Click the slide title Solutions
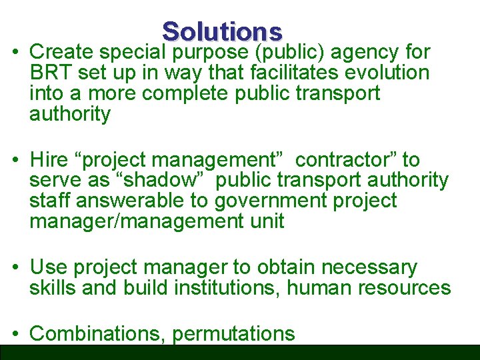222,31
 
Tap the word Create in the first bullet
63,51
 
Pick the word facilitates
285,72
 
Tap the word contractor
348,159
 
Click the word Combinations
95,333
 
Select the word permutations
233,333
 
